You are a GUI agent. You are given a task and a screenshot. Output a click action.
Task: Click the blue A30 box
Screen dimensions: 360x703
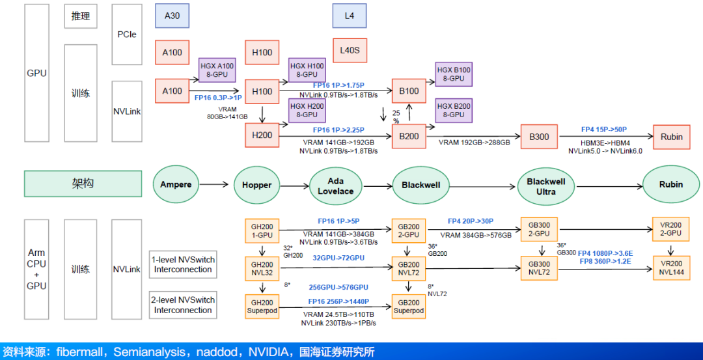pyautogui.click(x=172, y=16)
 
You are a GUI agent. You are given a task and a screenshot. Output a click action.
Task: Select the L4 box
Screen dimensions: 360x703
pyautogui.click(x=350, y=16)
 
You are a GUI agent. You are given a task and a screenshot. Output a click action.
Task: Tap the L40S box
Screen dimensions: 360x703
pyautogui.click(x=350, y=50)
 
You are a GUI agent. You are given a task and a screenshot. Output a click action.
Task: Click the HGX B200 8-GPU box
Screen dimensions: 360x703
pyautogui.click(x=453, y=111)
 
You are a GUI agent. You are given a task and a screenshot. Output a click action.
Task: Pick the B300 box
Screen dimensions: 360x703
pyautogui.click(x=539, y=137)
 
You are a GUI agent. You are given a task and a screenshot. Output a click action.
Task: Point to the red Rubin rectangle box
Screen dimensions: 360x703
pyautogui.click(x=671, y=137)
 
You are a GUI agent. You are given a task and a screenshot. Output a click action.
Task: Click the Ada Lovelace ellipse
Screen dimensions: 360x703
pyautogui.click(x=335, y=185)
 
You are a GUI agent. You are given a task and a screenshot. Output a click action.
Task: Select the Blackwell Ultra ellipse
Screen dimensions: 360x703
pyautogui.click(x=545, y=185)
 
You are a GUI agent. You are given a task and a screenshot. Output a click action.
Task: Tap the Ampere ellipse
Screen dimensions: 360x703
pyautogui.click(x=176, y=185)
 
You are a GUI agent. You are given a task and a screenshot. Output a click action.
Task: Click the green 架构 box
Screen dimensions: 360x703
pyautogui.click(x=83, y=184)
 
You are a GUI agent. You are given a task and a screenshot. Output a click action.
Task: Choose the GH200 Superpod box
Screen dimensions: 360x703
pyautogui.click(x=262, y=306)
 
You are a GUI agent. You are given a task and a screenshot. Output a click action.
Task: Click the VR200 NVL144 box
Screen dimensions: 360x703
pyautogui.click(x=670, y=268)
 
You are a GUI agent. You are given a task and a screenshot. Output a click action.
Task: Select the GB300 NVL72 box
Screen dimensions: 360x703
pyautogui.click(x=539, y=268)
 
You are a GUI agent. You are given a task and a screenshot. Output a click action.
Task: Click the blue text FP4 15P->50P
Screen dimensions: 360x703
pyautogui.click(x=603, y=130)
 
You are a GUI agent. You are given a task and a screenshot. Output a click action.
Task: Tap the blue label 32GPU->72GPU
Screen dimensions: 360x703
pyautogui.click(x=338, y=258)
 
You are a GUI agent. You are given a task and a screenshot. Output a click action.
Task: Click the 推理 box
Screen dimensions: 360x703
pyautogui.click(x=81, y=16)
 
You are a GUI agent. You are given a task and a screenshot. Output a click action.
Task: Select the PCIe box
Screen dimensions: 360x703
pyautogui.click(x=126, y=34)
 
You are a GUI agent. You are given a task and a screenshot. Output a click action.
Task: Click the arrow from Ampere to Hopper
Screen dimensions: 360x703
pyautogui.click(x=217, y=185)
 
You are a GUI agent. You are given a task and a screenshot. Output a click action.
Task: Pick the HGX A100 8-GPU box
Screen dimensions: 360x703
pyautogui.click(x=216, y=70)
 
